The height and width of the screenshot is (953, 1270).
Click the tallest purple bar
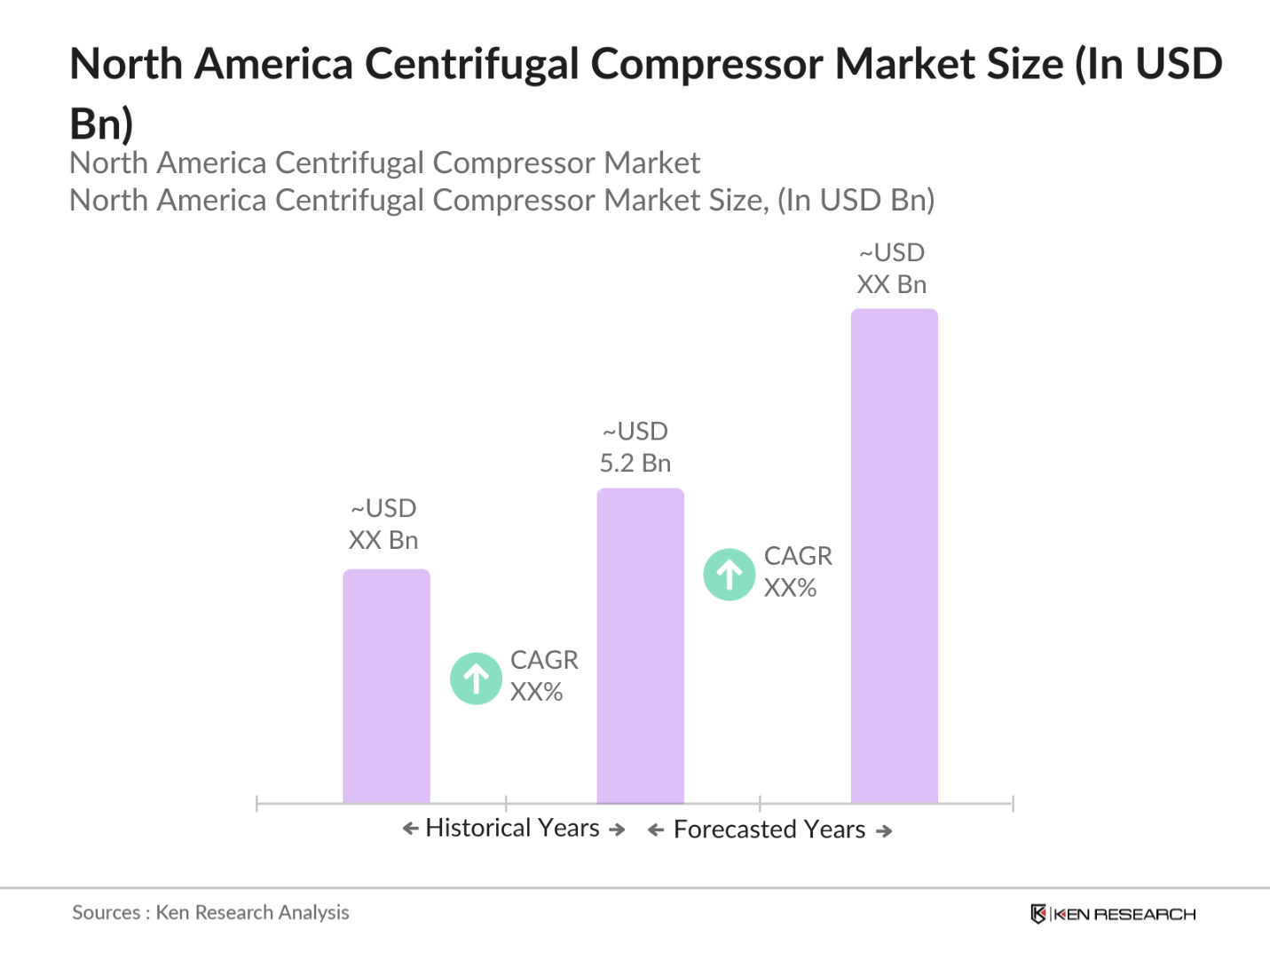point(894,556)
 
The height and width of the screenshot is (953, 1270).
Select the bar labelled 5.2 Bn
point(640,646)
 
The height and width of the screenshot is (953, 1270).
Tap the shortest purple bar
point(386,686)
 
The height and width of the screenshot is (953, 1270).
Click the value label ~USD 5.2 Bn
point(635,448)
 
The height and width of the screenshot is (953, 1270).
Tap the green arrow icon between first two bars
point(477,679)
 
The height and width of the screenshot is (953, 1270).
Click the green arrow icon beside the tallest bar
point(730,575)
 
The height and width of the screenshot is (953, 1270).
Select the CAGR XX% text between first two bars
point(543,676)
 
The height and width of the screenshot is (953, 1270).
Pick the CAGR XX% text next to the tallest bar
point(797,572)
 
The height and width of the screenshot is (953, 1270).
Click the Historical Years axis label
point(513,828)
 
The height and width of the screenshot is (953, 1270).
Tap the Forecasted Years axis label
point(769,830)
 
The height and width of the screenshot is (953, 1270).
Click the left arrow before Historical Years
point(410,829)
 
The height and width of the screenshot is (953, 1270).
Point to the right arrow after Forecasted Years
point(884,831)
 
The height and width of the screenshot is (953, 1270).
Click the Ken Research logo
point(1113,914)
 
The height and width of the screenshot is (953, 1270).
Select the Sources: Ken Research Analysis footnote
point(210,912)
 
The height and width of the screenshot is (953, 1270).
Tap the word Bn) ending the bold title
point(101,123)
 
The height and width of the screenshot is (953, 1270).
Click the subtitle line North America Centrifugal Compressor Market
point(384,163)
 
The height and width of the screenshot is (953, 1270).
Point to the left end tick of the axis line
point(256,804)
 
